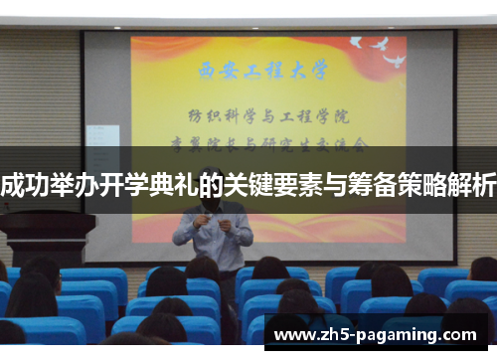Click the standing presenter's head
[x=211, y=176]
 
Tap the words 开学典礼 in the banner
[x=152, y=182]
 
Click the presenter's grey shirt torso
[x=212, y=244]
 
